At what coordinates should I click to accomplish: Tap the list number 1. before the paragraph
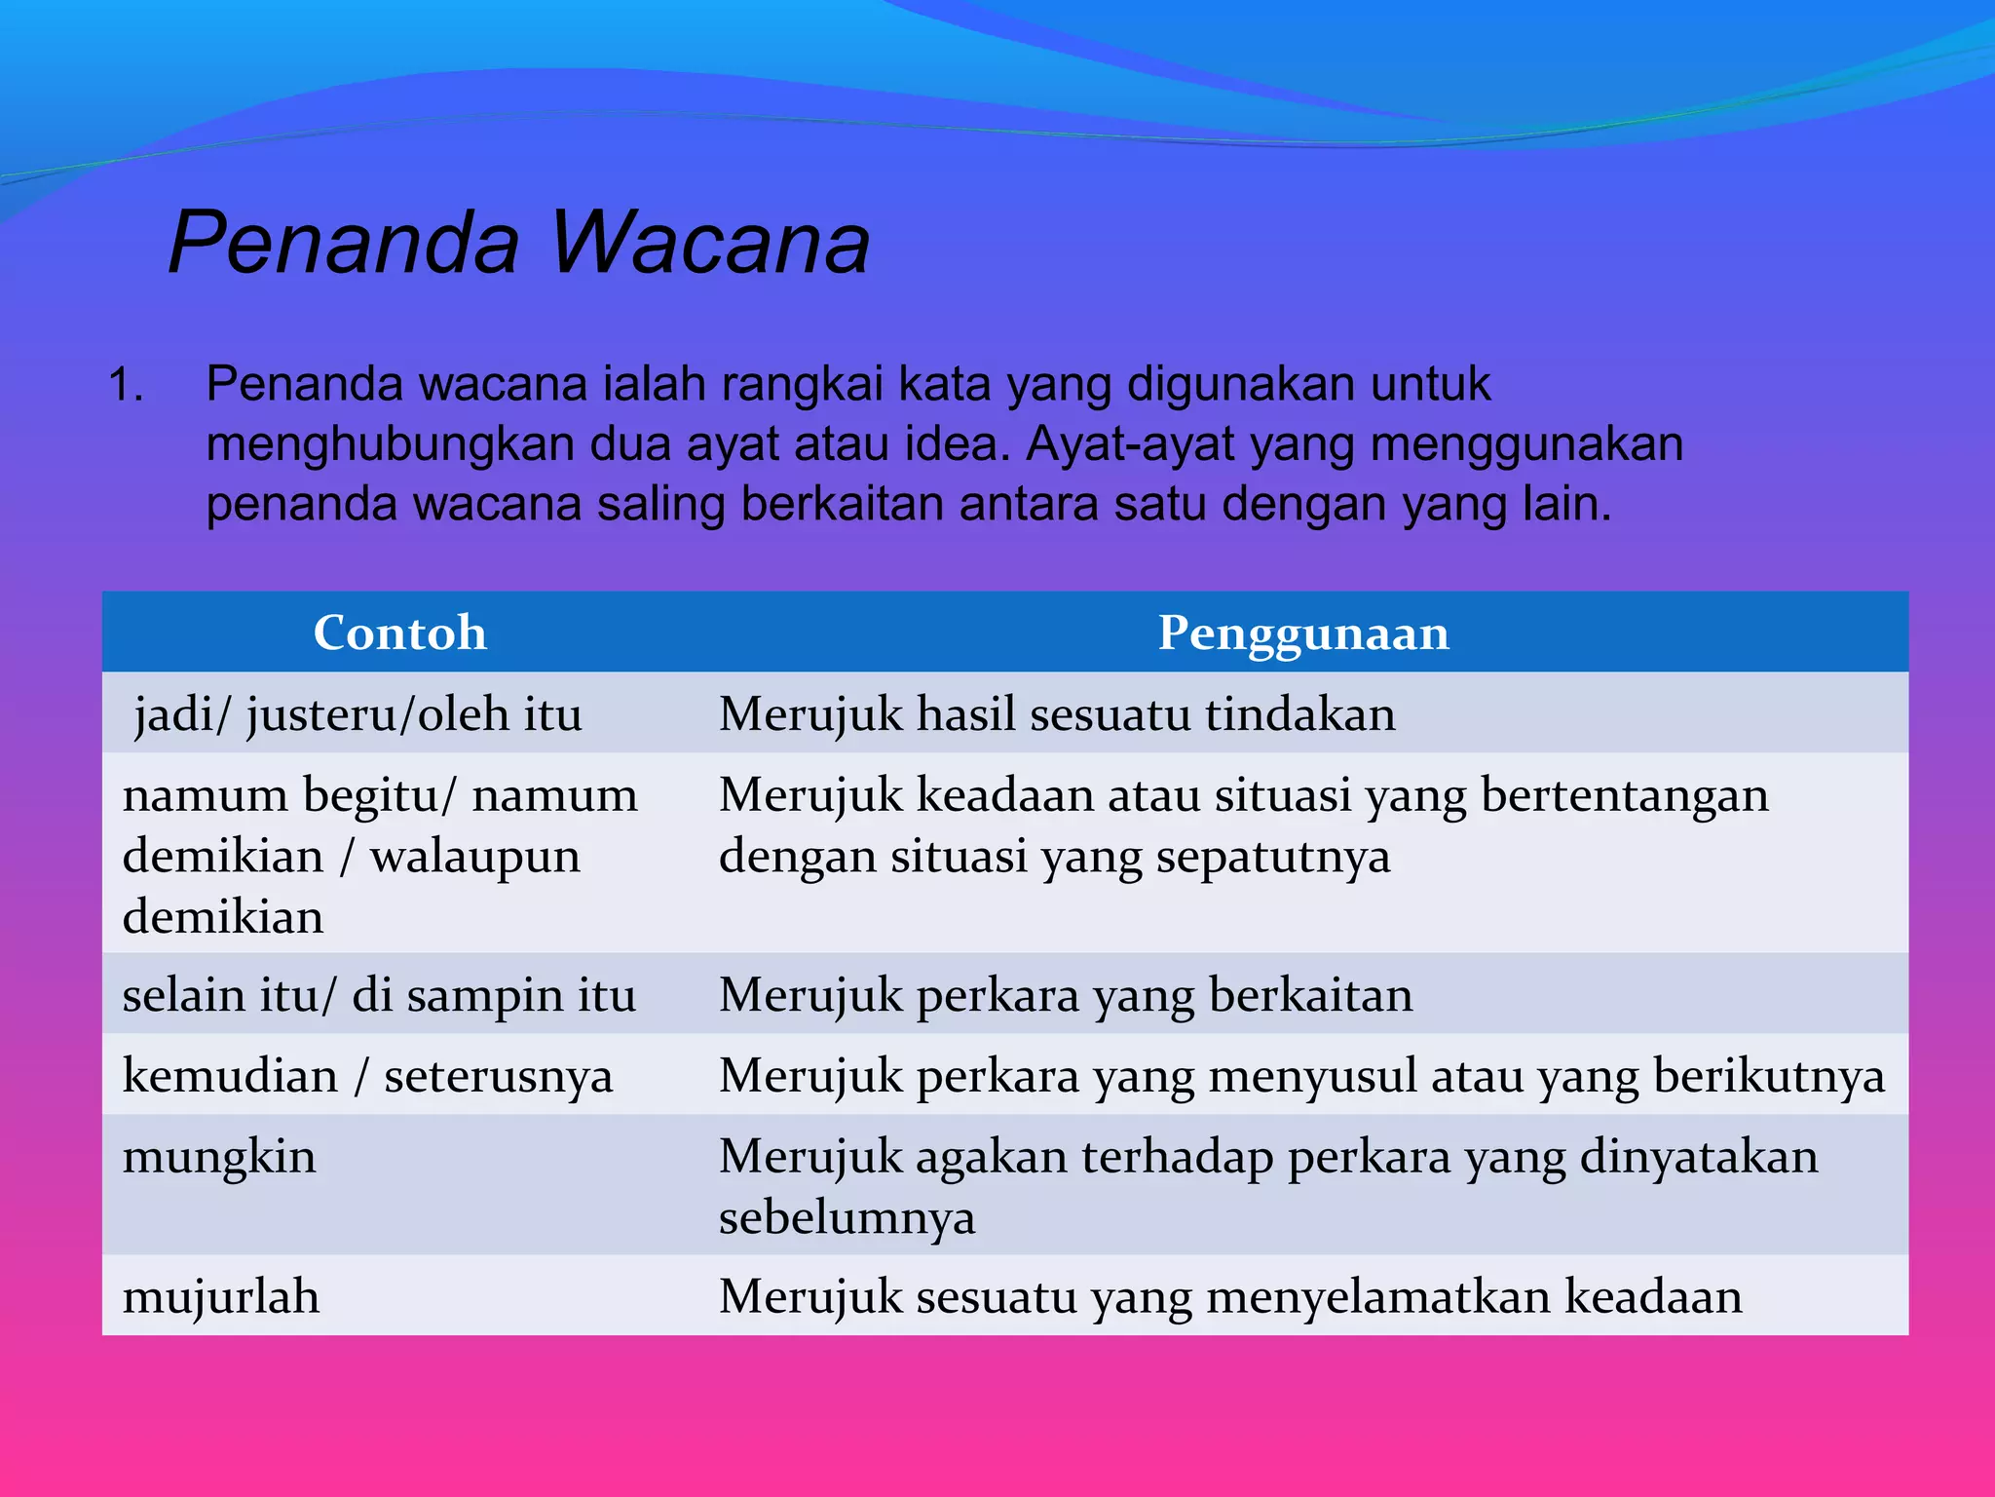coord(127,385)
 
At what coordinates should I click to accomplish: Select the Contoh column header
coord(399,633)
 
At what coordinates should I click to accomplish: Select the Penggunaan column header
coord(1302,633)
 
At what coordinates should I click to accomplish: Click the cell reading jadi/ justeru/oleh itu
coord(358,714)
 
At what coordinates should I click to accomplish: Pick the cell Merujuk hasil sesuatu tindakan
coord(1057,714)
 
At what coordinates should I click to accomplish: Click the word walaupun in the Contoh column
coord(475,857)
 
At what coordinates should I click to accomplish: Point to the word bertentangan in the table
coord(1624,795)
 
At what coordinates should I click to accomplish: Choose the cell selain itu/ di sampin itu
coord(379,996)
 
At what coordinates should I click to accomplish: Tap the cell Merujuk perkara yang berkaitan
coord(1065,996)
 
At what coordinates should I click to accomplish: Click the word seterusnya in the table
coord(498,1077)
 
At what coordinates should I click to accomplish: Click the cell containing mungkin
coord(219,1158)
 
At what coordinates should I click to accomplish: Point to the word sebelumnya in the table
coord(847,1218)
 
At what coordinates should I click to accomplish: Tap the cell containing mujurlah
coord(221,1297)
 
